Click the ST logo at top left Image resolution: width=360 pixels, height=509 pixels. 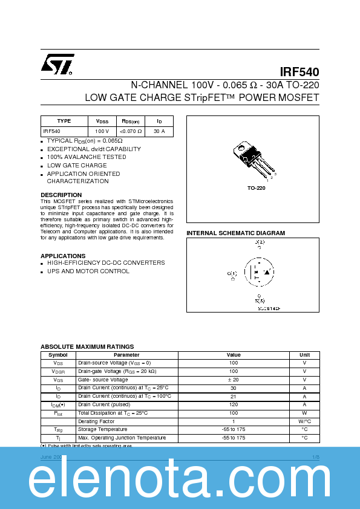pyautogui.click(x=57, y=65)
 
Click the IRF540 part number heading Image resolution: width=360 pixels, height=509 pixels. pyautogui.click(x=299, y=71)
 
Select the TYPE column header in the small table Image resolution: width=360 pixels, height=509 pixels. pyautogui.click(x=64, y=121)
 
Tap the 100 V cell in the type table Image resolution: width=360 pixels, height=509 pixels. pyautogui.click(x=102, y=131)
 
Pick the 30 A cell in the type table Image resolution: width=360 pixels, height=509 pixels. pyautogui.click(x=159, y=131)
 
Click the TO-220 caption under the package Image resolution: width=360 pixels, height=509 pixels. pyautogui.click(x=256, y=188)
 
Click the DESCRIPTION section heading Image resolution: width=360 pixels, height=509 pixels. pyautogui.click(x=61, y=195)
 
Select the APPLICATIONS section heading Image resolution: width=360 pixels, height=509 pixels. pyautogui.click(x=63, y=256)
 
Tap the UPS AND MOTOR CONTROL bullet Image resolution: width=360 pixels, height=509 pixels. pyautogui.click(x=88, y=271)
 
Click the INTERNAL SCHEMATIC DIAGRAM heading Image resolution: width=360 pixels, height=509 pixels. pyautogui.click(x=235, y=233)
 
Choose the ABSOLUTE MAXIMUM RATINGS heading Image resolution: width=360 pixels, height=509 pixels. pyautogui.click(x=87, y=346)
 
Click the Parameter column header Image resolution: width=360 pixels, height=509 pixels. pyautogui.click(x=126, y=355)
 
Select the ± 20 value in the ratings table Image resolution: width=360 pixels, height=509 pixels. pyautogui.click(x=234, y=380)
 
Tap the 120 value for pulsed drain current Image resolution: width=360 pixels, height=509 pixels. pyautogui.click(x=234, y=404)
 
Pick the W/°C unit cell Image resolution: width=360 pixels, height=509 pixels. pyautogui.click(x=304, y=421)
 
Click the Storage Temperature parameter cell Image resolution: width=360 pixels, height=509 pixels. pyautogui.click(x=104, y=429)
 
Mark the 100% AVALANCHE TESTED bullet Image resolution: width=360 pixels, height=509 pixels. pyautogui.click(x=87, y=157)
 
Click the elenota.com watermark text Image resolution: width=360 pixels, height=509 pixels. pyautogui.click(x=180, y=481)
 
